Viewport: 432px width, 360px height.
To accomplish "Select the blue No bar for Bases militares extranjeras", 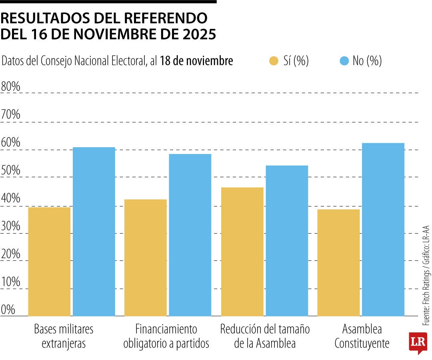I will [94, 232].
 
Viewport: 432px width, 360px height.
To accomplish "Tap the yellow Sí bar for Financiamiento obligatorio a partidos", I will [146, 258].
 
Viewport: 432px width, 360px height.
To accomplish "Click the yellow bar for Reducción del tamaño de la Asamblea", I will [242, 252].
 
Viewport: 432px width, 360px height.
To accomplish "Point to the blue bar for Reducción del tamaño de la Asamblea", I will [287, 240].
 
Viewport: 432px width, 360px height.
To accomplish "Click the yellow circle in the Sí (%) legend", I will [274, 61].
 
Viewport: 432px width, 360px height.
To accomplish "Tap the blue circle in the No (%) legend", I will [344, 61].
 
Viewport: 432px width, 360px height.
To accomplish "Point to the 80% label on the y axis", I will [11, 86].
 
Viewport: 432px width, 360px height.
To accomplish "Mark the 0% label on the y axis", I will [8, 310].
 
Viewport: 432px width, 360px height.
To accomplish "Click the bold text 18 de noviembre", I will [196, 61].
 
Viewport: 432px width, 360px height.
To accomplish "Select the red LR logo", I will [417, 342].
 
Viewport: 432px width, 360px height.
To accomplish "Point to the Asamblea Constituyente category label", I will [362, 336].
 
